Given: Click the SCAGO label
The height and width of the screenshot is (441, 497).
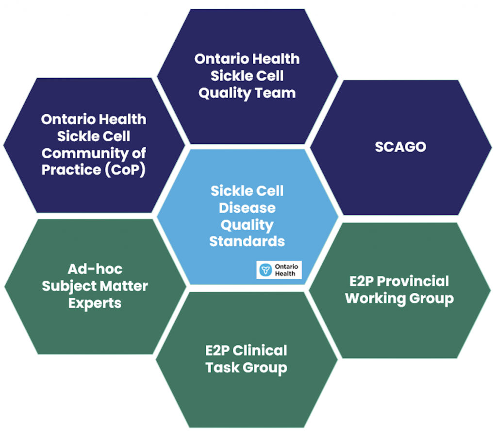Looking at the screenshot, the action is [x=400, y=147].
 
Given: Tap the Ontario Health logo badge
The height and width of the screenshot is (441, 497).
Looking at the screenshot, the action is [x=279, y=270].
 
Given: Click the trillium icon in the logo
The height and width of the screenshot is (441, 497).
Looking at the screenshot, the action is [x=265, y=270].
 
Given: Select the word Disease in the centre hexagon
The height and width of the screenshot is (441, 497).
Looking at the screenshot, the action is [x=247, y=208].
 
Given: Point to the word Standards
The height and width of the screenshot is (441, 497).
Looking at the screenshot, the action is [x=247, y=241].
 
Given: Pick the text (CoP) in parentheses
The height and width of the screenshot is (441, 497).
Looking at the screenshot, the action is [x=125, y=170].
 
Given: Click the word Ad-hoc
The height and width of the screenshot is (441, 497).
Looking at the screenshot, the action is [x=95, y=269].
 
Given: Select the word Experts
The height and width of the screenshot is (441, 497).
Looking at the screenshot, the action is [x=95, y=303].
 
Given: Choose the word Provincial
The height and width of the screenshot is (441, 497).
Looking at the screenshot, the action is [x=413, y=281].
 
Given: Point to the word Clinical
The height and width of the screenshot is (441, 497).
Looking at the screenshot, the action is [x=260, y=351].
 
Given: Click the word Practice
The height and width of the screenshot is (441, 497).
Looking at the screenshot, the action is [x=71, y=170].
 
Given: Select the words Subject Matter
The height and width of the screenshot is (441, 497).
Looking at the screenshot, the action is [x=95, y=286].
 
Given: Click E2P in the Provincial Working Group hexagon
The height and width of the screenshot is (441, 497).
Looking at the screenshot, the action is [x=361, y=281].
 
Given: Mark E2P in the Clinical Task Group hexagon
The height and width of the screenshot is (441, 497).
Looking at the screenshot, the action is [x=217, y=351].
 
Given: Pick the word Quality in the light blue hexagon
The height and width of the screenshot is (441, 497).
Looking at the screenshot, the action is [x=247, y=225].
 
